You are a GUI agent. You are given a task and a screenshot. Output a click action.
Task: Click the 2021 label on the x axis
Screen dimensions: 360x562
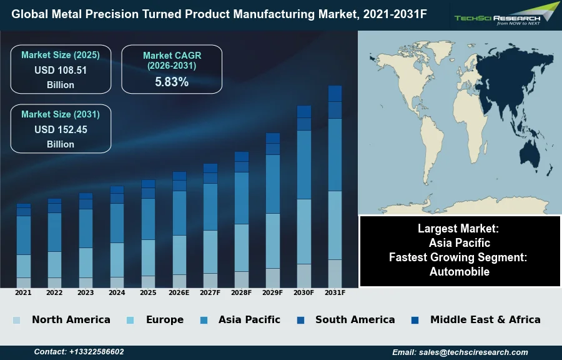23,292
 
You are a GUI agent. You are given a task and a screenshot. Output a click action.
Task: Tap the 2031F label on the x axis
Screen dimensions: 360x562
335,292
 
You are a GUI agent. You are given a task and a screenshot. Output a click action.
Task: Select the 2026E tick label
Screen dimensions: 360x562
179,292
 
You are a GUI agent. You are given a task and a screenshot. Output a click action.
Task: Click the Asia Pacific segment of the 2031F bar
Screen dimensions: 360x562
335,154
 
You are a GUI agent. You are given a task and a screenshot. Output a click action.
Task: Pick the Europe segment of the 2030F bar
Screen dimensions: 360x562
304,231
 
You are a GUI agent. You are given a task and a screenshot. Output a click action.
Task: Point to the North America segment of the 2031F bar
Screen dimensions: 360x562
335,273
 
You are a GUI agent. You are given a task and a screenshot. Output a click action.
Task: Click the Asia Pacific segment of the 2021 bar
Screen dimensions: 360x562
23,235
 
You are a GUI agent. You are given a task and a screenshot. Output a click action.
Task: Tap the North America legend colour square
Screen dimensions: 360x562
16,321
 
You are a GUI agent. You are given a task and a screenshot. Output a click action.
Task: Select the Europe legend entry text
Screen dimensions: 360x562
165,320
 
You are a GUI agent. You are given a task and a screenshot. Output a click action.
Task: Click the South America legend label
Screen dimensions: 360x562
355,320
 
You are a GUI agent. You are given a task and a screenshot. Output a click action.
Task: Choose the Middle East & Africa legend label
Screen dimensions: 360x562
485,320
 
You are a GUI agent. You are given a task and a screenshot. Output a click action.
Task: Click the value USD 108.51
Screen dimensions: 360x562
61,71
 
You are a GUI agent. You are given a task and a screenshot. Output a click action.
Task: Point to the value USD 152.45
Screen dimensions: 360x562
61,130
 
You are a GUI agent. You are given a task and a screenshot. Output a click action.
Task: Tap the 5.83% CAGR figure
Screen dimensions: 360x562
172,82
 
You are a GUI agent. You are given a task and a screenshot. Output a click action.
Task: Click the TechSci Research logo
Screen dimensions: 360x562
506,15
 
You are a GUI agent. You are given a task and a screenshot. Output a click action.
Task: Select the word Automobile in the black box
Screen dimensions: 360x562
460,272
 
